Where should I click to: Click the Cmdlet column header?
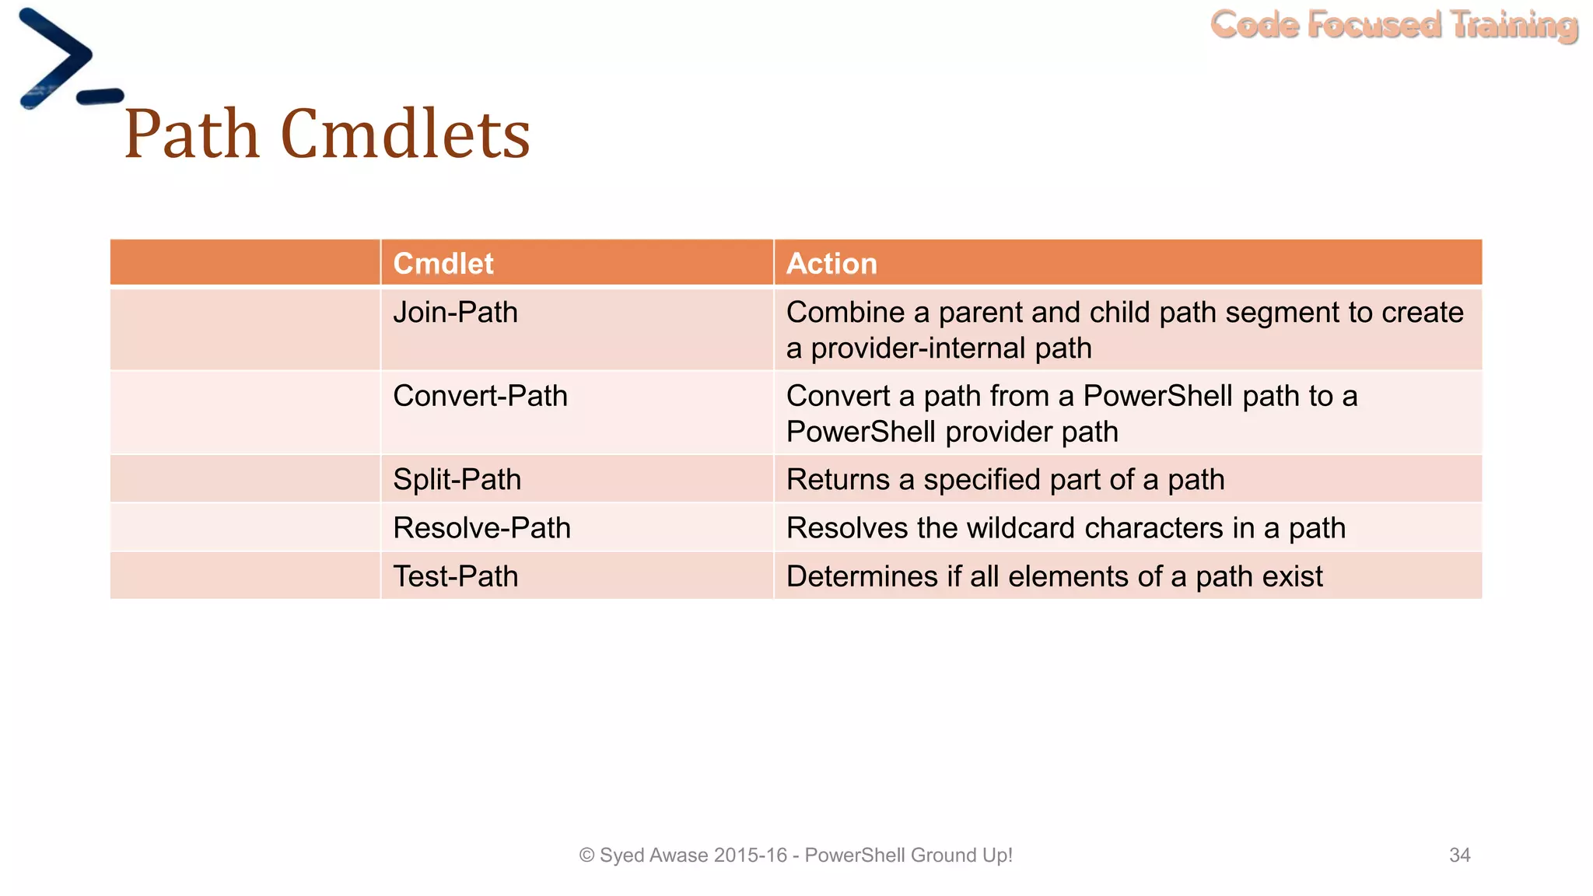click(x=443, y=264)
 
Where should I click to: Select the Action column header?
click(x=832, y=264)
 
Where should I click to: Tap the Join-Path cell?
click(x=456, y=313)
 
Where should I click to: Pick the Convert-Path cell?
click(x=480, y=396)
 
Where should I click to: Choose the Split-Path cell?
click(x=457, y=479)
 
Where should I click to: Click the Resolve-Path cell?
click(x=481, y=528)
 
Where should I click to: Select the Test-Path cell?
click(x=456, y=576)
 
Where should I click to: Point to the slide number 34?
click(x=1459, y=856)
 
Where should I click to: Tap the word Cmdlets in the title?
click(x=404, y=134)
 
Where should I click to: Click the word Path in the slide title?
click(x=191, y=134)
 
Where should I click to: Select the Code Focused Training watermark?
click(x=1394, y=25)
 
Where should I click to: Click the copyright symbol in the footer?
click(x=586, y=856)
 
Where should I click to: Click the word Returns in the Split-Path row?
click(x=838, y=479)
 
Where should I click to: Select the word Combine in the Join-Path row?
click(x=846, y=313)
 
